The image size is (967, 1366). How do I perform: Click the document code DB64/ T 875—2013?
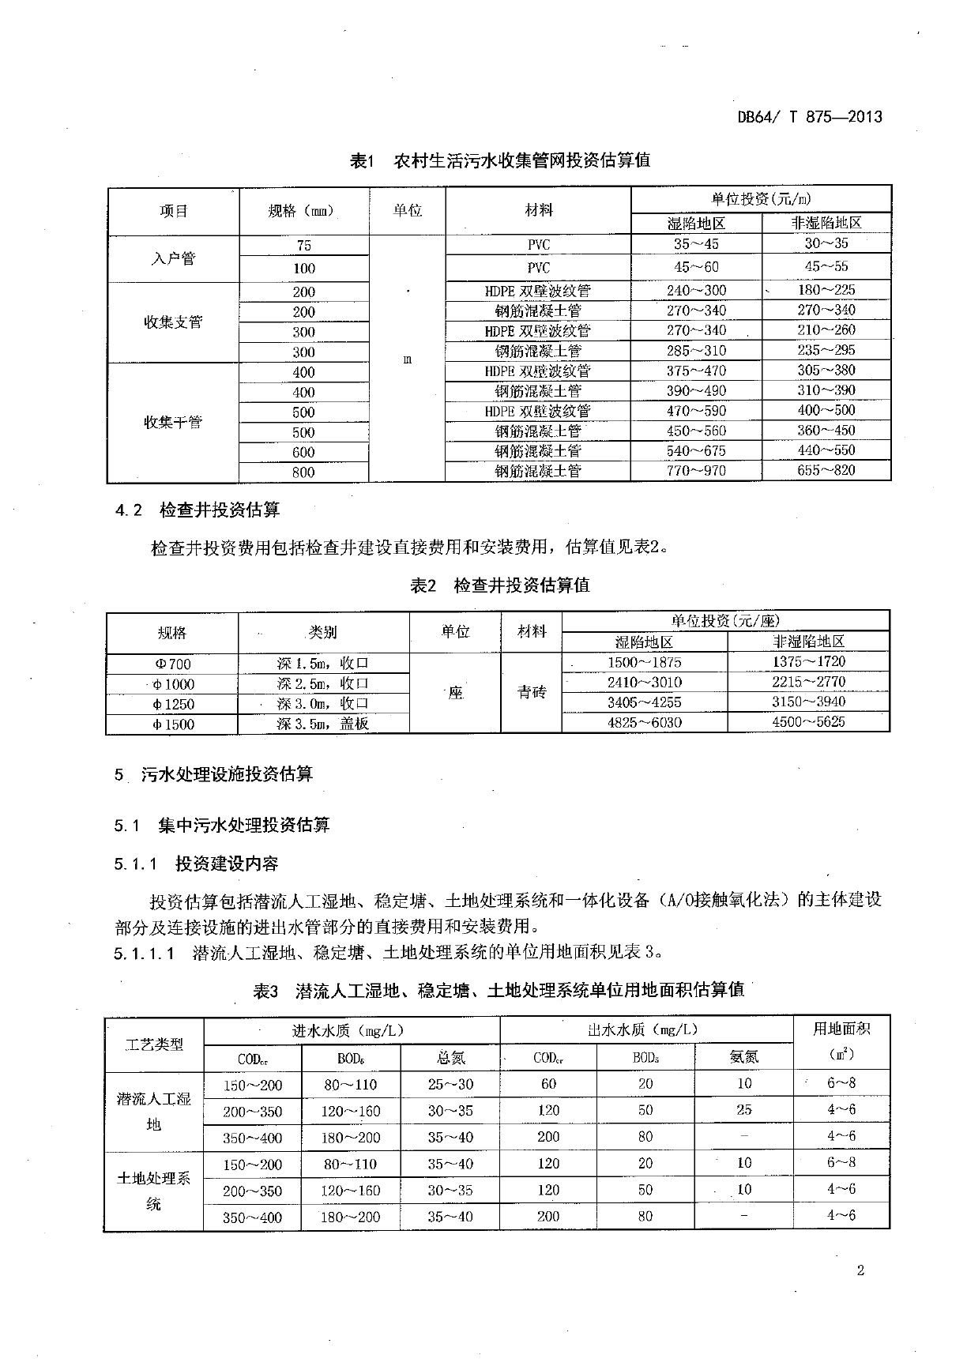coord(809,117)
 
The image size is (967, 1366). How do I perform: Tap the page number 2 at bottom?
coord(860,1270)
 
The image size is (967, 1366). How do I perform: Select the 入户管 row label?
coord(173,258)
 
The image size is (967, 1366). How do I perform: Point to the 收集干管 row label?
coord(173,422)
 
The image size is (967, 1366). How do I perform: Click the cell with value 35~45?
coord(696,244)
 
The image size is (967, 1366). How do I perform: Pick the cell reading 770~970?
coord(696,471)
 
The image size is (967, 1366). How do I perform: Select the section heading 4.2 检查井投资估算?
coord(198,510)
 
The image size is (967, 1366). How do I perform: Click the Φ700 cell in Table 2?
coord(172,664)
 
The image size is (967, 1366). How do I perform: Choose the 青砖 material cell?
coord(532,693)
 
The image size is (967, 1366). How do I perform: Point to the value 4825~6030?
coord(645,722)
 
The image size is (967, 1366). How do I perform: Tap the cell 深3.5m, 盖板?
coord(323,724)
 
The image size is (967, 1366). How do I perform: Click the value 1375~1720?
coord(808,662)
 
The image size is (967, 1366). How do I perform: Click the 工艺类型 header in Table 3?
coord(154,1044)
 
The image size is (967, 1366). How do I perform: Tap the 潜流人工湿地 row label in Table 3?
coord(154,1111)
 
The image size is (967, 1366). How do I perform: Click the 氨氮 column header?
coord(744,1057)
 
